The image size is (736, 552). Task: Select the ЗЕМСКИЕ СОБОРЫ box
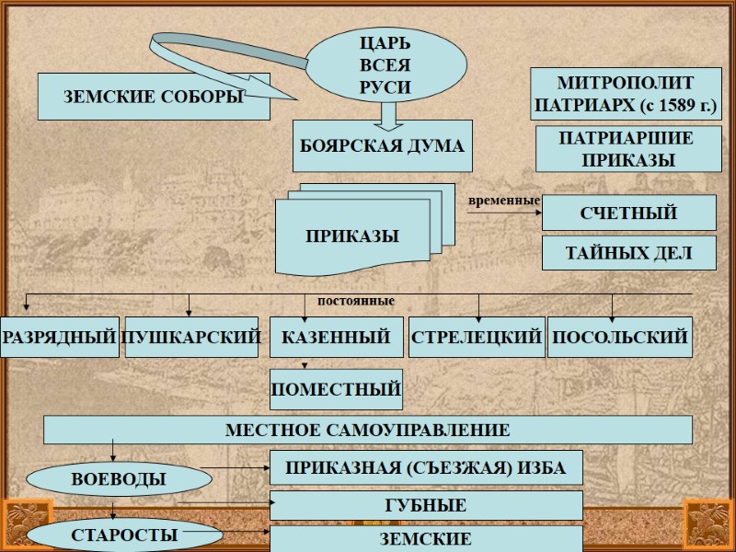[153, 97]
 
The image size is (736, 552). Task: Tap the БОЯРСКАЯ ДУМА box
[382, 145]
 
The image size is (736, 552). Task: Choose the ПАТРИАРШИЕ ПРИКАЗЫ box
[628, 149]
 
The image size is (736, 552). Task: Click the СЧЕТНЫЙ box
[628, 213]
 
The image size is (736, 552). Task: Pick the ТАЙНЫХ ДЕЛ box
[628, 253]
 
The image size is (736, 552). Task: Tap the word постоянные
[356, 301]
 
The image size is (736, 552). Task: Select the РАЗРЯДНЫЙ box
[60, 338]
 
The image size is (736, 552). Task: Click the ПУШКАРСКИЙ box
[191, 338]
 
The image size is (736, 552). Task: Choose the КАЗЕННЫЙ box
[336, 338]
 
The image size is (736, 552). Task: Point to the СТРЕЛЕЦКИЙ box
[476, 338]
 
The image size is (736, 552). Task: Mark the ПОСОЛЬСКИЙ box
[619, 338]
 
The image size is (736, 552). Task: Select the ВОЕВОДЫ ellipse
[119, 478]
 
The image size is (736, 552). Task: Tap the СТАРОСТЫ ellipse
[124, 535]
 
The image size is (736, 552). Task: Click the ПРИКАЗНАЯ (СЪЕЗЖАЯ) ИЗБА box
[425, 467]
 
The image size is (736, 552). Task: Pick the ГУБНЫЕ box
[425, 505]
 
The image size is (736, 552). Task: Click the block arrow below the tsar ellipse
[387, 114]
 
